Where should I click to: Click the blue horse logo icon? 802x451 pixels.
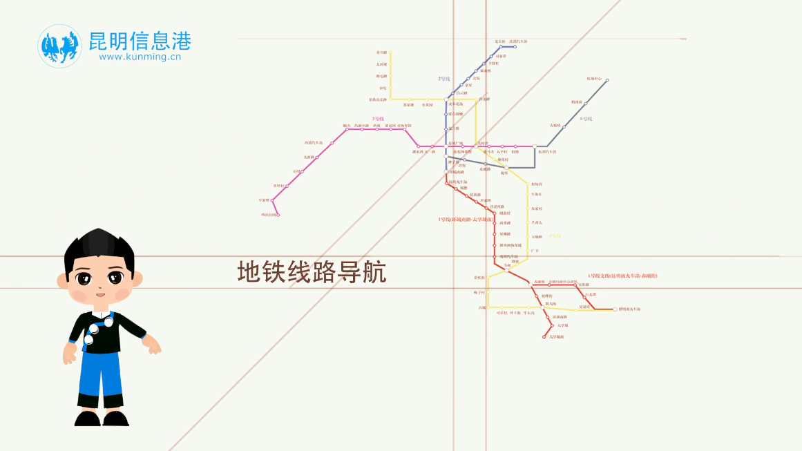click(59, 46)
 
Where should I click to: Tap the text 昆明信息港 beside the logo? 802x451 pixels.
click(139, 41)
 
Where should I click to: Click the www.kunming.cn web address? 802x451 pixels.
click(140, 58)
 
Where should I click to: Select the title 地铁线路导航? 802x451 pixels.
click(312, 272)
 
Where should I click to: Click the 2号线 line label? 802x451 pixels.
click(444, 79)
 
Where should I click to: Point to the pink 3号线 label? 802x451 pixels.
click(377, 118)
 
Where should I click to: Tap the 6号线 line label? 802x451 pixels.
click(586, 119)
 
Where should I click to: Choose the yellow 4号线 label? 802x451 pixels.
click(555, 236)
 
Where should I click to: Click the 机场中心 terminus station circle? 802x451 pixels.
click(607, 80)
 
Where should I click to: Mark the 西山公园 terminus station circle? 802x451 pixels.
click(278, 215)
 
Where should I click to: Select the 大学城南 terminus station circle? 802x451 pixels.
click(545, 337)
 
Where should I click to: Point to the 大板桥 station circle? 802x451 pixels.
click(564, 127)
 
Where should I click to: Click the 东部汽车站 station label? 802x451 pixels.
click(547, 152)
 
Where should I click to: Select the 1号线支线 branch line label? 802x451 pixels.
click(622, 276)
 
